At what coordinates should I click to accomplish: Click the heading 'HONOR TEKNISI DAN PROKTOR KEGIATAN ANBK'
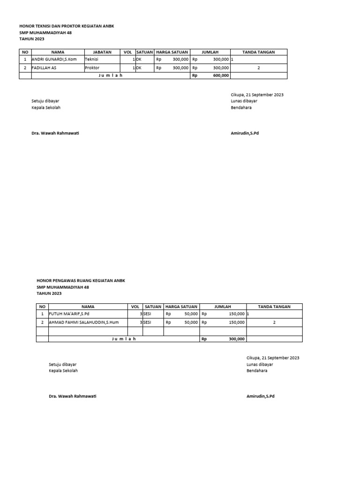click(x=67, y=26)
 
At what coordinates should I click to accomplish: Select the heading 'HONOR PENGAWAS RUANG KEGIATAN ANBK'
click(x=81, y=280)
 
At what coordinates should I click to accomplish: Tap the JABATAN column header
click(x=102, y=52)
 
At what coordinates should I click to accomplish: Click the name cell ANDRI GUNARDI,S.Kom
click(x=54, y=60)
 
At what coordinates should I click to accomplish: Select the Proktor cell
click(x=92, y=67)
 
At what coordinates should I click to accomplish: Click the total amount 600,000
click(x=220, y=75)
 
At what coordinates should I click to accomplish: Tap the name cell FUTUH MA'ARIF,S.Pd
click(x=69, y=314)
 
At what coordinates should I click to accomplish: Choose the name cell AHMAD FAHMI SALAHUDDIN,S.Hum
click(x=82, y=322)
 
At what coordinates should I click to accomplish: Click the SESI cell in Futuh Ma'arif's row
click(x=147, y=314)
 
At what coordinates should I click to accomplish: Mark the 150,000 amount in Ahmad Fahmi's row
click(x=236, y=322)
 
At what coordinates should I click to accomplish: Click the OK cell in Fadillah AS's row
click(x=139, y=67)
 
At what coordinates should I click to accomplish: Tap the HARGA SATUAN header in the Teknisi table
click(x=172, y=52)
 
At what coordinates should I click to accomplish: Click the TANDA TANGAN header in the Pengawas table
click(x=274, y=307)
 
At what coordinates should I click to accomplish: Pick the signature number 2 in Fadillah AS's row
click(x=259, y=67)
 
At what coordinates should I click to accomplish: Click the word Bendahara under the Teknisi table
click(x=241, y=107)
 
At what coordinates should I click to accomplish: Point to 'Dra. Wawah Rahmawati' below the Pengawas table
click(x=73, y=396)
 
